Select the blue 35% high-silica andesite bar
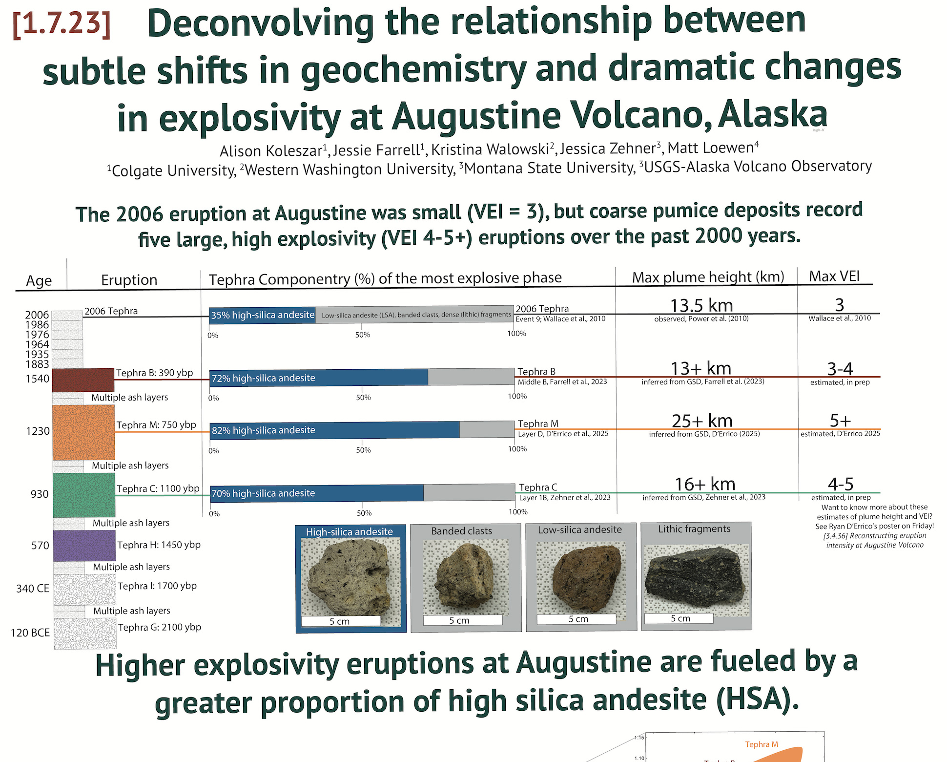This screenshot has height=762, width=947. pyautogui.click(x=262, y=315)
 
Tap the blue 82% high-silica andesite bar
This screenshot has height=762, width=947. pyautogui.click(x=335, y=430)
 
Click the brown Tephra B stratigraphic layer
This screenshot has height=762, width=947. pyautogui.click(x=83, y=380)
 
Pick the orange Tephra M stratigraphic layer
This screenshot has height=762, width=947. pyautogui.click(x=83, y=432)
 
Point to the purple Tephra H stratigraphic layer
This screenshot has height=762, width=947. pyautogui.click(x=84, y=546)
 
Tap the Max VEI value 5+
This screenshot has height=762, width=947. pyautogui.click(x=840, y=420)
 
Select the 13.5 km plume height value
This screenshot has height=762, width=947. pyautogui.click(x=701, y=305)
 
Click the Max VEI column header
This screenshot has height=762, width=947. pyautogui.click(x=834, y=276)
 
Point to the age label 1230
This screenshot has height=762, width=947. pyautogui.click(x=38, y=431)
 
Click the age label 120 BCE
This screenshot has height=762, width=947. pyautogui.click(x=30, y=633)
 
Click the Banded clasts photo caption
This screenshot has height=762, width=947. pyautogui.click(x=462, y=530)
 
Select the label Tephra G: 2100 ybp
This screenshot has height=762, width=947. pyautogui.click(x=160, y=627)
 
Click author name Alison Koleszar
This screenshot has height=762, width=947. pyautogui.click(x=273, y=150)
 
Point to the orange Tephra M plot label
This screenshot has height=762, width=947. pyautogui.click(x=762, y=744)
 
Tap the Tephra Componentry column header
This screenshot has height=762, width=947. pyautogui.click(x=385, y=278)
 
